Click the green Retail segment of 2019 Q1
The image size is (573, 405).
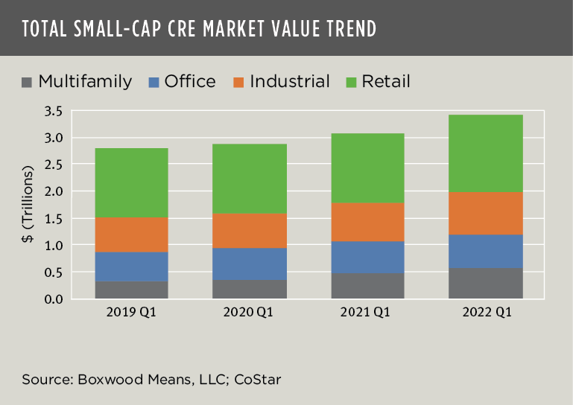tap(131, 182)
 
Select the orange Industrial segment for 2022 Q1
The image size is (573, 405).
tap(486, 213)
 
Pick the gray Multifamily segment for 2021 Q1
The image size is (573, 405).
tap(367, 286)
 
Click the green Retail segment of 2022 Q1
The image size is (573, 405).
tap(486, 153)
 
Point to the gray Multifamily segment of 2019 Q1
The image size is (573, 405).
tap(131, 290)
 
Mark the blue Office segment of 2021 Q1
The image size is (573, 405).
tap(367, 257)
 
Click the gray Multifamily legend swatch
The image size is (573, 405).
tap(28, 82)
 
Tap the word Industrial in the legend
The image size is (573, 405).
tap(290, 81)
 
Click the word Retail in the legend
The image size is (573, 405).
tap(386, 81)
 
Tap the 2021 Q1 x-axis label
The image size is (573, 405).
tap(367, 313)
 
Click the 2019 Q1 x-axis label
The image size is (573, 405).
tap(131, 313)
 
